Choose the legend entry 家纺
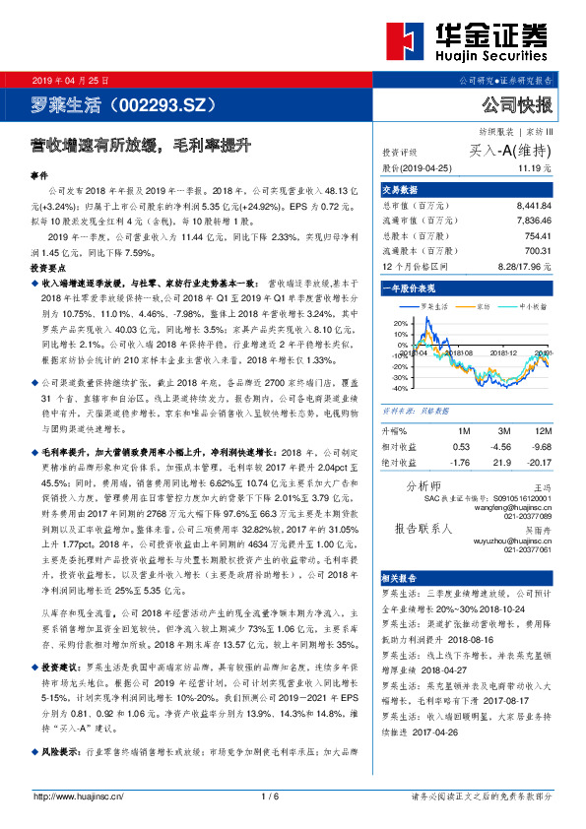click(481, 306)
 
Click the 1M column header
click(464, 430)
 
